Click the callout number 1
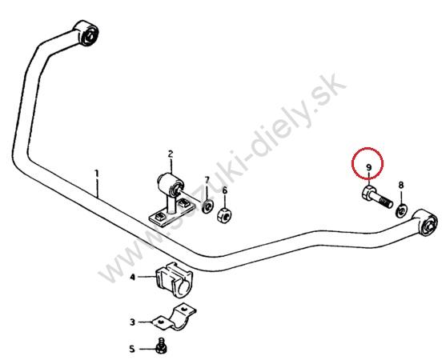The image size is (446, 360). tap(97, 174)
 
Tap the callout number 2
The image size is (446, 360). tap(171, 154)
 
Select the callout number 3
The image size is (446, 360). tap(133, 322)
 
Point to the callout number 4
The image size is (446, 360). tap(133, 277)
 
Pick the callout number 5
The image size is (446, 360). tap(132, 349)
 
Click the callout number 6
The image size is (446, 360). tap(225, 190)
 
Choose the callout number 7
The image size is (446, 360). tap(207, 180)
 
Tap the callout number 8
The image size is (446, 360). tap(401, 186)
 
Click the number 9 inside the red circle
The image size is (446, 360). tap(368, 167)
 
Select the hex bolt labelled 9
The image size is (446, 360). tap(377, 198)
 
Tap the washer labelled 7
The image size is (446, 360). tap(207, 206)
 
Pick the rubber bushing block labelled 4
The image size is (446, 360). tap(174, 279)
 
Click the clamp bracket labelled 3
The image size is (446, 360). tap(174, 318)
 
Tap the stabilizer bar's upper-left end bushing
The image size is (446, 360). tap(86, 34)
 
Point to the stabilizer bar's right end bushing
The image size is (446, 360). tap(425, 222)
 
